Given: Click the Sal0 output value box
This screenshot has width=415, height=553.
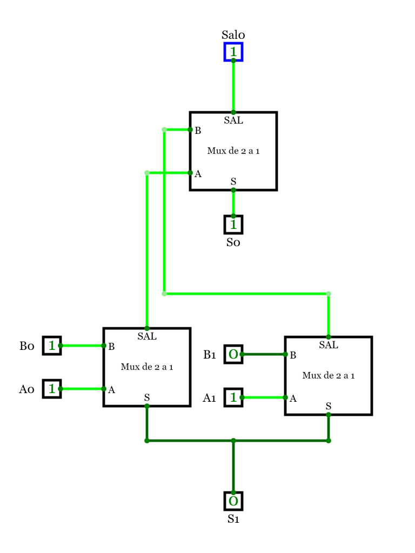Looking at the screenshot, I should pos(233,52).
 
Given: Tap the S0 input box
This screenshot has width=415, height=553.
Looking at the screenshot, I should pos(233,224).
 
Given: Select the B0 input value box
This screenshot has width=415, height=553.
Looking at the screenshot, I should pos(52,346).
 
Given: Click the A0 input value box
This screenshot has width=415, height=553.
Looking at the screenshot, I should pos(52,388).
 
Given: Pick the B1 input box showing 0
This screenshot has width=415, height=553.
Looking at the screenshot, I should pos(233,354).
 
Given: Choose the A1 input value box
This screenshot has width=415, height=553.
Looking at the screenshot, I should pos(233,397).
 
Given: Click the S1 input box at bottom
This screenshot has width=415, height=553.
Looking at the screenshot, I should pos(233,501).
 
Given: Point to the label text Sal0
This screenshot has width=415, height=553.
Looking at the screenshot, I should pos(233,35).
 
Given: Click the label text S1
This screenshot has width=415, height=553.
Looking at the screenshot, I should pos(233,519).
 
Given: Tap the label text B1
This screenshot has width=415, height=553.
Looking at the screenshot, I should pos(210,355).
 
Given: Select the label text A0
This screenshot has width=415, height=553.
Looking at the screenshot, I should pos(26,389).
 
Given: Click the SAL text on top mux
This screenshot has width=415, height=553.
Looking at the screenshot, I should pos(233,120).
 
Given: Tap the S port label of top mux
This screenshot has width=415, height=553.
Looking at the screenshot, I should pos(233,181).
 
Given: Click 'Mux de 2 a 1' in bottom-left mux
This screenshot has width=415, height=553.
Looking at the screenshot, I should pos(147,367).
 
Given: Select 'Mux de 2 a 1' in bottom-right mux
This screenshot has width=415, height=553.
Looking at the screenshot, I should pos(329,375).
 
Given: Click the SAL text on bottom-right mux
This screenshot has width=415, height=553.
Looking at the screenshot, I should pos(329,345).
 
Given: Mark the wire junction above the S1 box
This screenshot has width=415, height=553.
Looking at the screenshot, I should pos(233,441).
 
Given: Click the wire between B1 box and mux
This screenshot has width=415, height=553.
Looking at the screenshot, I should pos(264,354).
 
